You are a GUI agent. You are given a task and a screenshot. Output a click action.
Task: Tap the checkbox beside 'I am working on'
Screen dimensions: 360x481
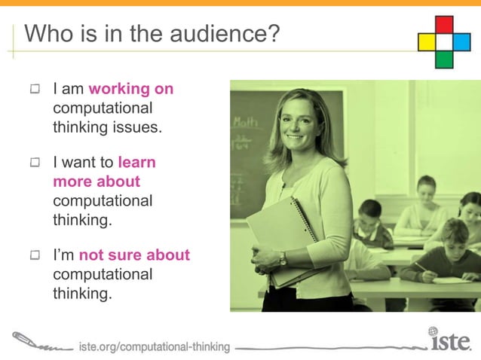(x=35, y=90)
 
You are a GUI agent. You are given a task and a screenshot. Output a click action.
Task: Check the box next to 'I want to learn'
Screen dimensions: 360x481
(x=35, y=162)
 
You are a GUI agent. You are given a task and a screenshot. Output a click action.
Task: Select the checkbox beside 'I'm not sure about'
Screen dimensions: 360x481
(x=35, y=256)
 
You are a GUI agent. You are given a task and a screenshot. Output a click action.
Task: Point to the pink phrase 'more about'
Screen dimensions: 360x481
(x=97, y=182)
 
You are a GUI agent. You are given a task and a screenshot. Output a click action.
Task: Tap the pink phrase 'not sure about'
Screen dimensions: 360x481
(x=134, y=255)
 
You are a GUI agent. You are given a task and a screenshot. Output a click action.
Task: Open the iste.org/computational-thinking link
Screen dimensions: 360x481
(x=154, y=346)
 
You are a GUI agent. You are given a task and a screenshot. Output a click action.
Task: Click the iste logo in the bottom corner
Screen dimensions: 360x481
(x=451, y=342)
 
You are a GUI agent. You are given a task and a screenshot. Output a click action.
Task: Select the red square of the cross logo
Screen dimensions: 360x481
(x=445, y=24)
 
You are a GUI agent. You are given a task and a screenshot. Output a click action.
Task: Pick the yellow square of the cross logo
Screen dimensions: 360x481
(x=427, y=41)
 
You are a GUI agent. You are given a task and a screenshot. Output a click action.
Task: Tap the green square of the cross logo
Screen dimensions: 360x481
(x=445, y=59)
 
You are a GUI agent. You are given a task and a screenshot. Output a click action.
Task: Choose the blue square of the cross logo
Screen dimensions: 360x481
(x=461, y=41)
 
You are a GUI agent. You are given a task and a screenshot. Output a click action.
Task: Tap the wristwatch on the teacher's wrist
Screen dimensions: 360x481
(x=283, y=258)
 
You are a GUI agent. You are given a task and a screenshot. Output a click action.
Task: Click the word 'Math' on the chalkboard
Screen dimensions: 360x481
(x=245, y=121)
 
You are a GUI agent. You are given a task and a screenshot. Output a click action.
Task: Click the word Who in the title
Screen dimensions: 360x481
(x=48, y=34)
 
